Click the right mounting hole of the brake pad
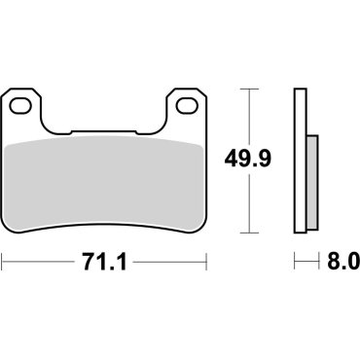point(183,102)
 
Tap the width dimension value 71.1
point(105,262)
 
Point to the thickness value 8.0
point(342,262)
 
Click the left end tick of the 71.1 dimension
point(3,262)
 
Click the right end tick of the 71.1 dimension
point(208,262)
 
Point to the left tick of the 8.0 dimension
point(295,262)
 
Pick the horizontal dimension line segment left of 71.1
point(39,262)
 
